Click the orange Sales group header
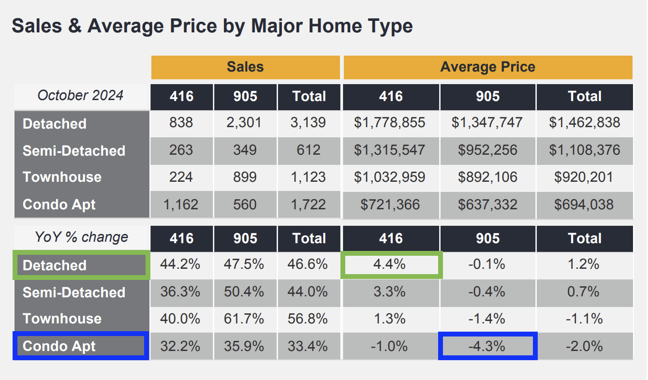(x=245, y=67)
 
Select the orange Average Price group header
(x=487, y=67)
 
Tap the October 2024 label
(x=80, y=95)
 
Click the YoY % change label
(x=81, y=237)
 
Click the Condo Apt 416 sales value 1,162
(x=181, y=205)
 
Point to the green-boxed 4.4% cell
(x=391, y=264)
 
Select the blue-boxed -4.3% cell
(x=487, y=346)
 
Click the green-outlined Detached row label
(x=81, y=265)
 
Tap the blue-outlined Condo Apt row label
(x=80, y=346)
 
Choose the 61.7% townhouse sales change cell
(x=245, y=319)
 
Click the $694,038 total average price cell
(x=584, y=205)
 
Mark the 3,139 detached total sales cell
(x=309, y=123)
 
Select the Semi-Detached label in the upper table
(x=74, y=151)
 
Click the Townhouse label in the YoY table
(x=62, y=319)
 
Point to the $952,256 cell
(x=487, y=150)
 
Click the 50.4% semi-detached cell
(x=245, y=292)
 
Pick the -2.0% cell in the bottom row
(x=584, y=346)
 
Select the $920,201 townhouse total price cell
(x=584, y=177)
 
